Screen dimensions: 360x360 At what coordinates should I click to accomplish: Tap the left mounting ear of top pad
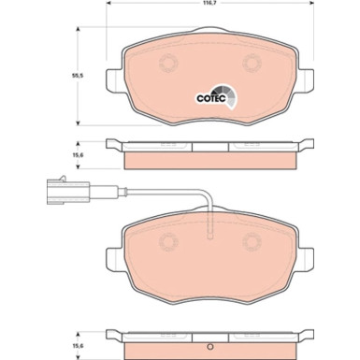point(117,87)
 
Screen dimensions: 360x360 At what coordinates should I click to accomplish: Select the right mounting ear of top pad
point(305,87)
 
